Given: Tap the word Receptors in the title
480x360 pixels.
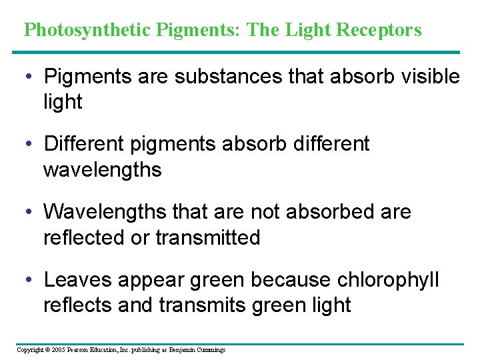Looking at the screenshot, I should coord(379,30).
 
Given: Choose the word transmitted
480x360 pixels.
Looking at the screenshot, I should coord(208,237).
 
